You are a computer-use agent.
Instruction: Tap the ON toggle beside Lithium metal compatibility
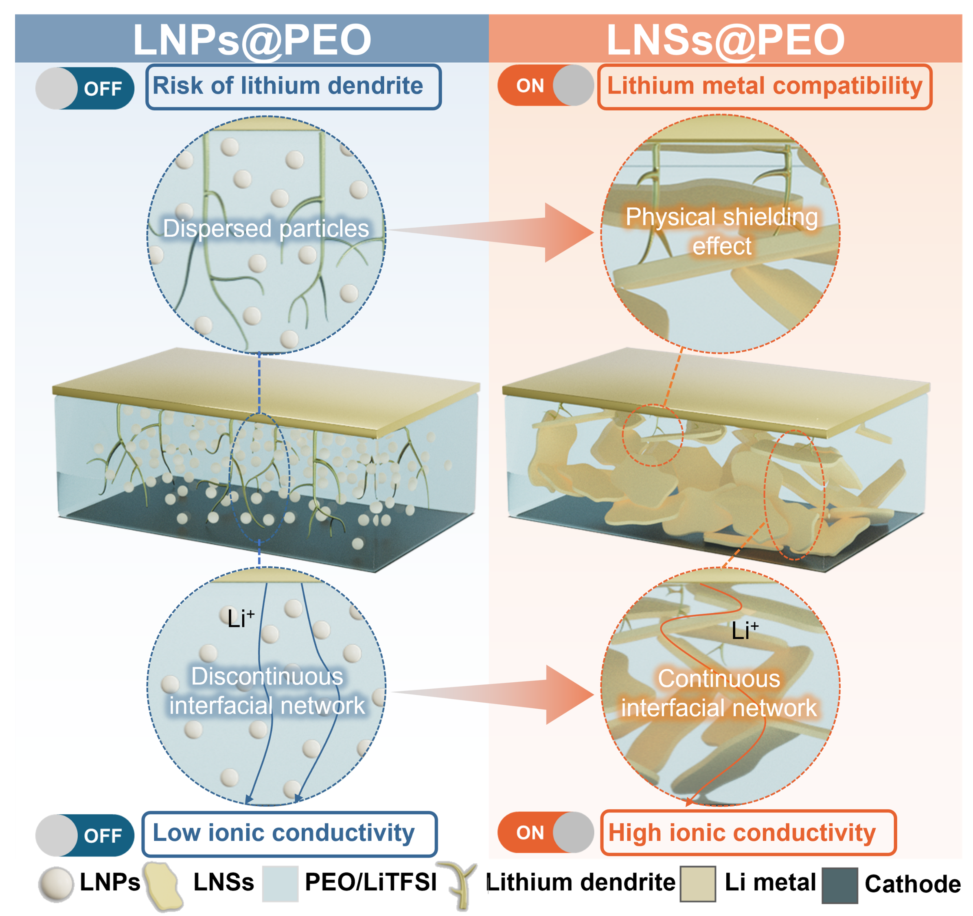(545, 85)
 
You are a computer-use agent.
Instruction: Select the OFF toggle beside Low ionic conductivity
(85, 835)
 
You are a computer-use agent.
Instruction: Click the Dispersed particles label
(266, 228)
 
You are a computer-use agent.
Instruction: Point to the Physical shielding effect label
(721, 231)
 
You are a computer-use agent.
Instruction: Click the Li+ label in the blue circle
(240, 618)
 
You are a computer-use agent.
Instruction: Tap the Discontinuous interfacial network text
(267, 691)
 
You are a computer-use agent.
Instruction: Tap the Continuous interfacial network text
(719, 693)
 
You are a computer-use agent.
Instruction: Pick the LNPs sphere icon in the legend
(56, 884)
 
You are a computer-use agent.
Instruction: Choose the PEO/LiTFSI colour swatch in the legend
(280, 884)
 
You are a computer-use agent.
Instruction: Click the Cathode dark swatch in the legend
(839, 885)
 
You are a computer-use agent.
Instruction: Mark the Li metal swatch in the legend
(697, 884)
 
